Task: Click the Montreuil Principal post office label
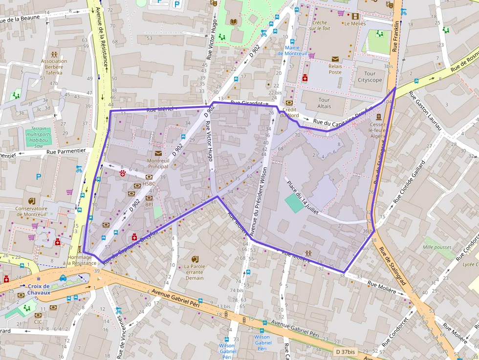coord(158,163)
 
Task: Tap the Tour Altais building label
coord(324,103)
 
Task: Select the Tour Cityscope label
coord(370,77)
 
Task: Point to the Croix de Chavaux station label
coord(39,289)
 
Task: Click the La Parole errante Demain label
coord(194,272)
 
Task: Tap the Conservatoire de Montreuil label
coord(31,212)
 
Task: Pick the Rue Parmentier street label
coord(66,151)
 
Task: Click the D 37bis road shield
coord(346,352)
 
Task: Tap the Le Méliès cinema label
coord(355,23)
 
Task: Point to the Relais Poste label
coord(335,69)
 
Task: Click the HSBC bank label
coord(149,184)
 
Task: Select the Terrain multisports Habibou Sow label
coord(39,139)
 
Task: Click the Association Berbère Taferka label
coord(54,67)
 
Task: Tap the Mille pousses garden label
coord(437,247)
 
